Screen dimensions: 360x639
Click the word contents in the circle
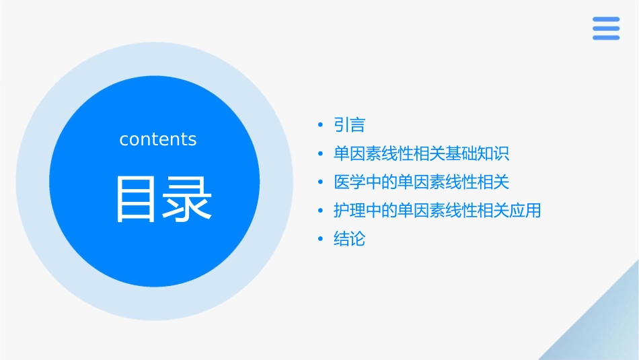[x=158, y=139]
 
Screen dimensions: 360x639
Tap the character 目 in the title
[x=135, y=199]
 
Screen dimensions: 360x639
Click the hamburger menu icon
[x=606, y=29]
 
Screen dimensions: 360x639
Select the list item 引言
[x=349, y=125]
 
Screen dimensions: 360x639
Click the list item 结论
[x=349, y=239]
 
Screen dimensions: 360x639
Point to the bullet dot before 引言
[x=321, y=126]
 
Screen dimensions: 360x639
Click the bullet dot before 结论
[x=321, y=240]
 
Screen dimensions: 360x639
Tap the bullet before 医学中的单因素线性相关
[x=321, y=182]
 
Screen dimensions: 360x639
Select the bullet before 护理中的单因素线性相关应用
[x=321, y=211]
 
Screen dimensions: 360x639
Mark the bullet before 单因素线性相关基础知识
[x=321, y=154]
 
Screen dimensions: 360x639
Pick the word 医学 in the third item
[x=349, y=182]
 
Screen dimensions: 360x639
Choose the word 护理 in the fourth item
[x=349, y=211]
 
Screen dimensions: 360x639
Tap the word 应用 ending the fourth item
[x=525, y=211]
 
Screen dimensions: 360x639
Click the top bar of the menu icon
[x=606, y=20]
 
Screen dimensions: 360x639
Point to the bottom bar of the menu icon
[x=606, y=38]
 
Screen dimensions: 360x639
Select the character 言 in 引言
[x=357, y=125]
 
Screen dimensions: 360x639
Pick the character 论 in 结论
[x=357, y=239]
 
